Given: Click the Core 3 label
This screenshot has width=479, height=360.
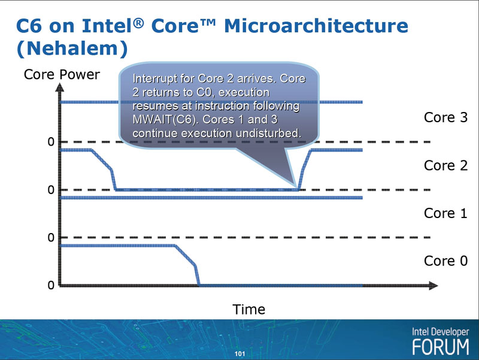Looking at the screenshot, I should tap(445, 117).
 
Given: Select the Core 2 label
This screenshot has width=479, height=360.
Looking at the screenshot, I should tap(445, 165).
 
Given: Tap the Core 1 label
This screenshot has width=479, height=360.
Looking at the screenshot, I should tap(445, 213).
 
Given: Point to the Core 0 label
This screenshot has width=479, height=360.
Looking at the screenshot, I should tap(445, 261).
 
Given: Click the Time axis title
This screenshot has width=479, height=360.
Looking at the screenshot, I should tap(248, 310).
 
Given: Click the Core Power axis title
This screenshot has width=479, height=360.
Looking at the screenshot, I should tap(62, 75).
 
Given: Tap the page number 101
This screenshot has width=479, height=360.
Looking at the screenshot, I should tap(240, 354).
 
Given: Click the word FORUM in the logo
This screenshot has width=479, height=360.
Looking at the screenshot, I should tap(441, 347).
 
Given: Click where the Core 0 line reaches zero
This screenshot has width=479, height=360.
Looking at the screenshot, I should tap(199, 286).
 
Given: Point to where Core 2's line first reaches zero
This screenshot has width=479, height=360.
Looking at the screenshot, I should tap(115, 189).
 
